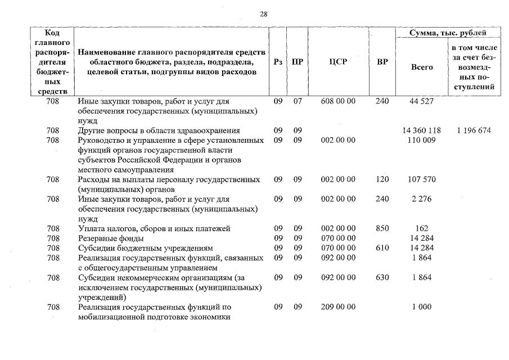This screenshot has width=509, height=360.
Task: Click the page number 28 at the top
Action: [x=263, y=15]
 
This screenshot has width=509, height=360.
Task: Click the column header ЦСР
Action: [x=338, y=62]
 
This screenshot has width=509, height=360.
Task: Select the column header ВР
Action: [x=382, y=62]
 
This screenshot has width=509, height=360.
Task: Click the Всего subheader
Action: [x=422, y=67]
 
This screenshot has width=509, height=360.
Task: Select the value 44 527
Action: [x=422, y=101]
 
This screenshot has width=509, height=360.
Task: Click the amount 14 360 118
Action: [x=422, y=130]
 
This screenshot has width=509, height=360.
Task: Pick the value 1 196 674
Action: [x=474, y=130]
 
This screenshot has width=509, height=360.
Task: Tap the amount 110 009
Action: [x=422, y=140]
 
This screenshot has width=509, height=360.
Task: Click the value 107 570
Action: [x=422, y=179]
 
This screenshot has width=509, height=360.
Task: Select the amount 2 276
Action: [x=422, y=199]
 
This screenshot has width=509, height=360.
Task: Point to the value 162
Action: [x=422, y=228]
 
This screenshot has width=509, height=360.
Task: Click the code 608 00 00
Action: [x=338, y=101]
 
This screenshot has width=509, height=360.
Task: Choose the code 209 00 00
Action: [x=338, y=307]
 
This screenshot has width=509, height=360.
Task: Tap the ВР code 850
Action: [x=382, y=228]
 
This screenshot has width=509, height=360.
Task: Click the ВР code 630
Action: [x=382, y=277]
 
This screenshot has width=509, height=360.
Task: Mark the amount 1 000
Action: [x=422, y=307]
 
